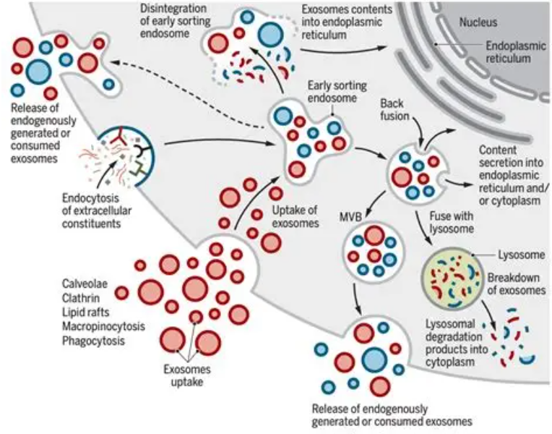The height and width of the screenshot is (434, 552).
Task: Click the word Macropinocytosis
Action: click(103, 326)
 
